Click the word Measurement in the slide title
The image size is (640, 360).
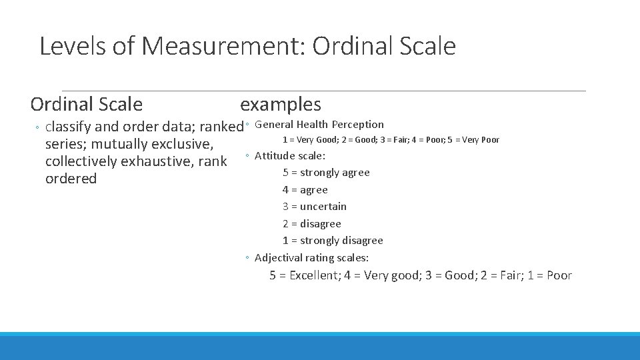pos(223,46)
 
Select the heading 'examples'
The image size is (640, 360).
pos(280,104)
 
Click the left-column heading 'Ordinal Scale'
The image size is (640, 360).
pos(86,104)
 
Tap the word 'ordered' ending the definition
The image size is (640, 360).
pos(71,179)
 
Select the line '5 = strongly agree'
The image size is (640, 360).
pos(326,173)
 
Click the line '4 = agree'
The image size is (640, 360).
pos(305,190)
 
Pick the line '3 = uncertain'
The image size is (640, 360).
pos(314,207)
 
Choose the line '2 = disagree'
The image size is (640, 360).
pos(311,224)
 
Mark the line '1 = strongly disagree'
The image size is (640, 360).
pos(333,241)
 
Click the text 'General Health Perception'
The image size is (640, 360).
pos(319,124)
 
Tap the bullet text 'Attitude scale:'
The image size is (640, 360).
pos(290,156)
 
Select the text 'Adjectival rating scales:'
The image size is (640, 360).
pos(311,258)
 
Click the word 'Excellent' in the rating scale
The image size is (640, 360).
pos(313,275)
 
